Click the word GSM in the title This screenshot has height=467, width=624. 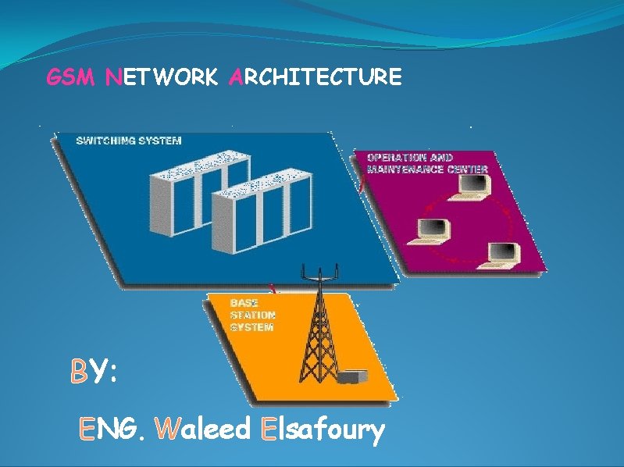[x=71, y=77]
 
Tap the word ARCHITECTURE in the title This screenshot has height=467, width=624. [x=316, y=77]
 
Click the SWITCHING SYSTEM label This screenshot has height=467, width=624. [x=129, y=141]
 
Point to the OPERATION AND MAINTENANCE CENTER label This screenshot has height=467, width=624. [x=427, y=163]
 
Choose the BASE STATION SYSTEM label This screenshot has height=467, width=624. [x=251, y=315]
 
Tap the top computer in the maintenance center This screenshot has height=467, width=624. [x=474, y=185]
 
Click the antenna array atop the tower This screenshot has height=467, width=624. [x=318, y=271]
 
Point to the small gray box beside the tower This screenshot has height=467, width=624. [x=352, y=378]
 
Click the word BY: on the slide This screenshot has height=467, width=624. [x=94, y=372]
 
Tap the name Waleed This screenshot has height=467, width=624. [x=205, y=428]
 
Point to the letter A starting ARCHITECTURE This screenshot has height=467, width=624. [x=235, y=77]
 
